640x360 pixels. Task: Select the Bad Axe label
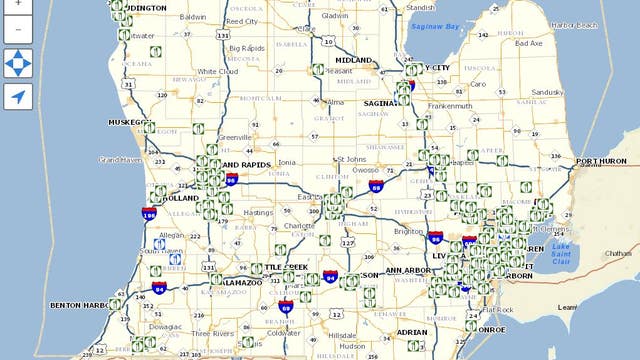click(528, 44)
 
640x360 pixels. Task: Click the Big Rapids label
click(246, 48)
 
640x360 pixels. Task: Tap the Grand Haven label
click(121, 159)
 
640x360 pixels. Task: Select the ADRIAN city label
click(412, 331)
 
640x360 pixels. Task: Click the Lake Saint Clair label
click(560, 251)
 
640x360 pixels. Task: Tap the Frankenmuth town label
click(450, 105)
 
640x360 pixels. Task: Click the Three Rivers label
click(212, 334)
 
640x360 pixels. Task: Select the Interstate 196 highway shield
click(149, 213)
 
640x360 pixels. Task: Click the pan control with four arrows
click(18, 63)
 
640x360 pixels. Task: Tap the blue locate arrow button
click(18, 97)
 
